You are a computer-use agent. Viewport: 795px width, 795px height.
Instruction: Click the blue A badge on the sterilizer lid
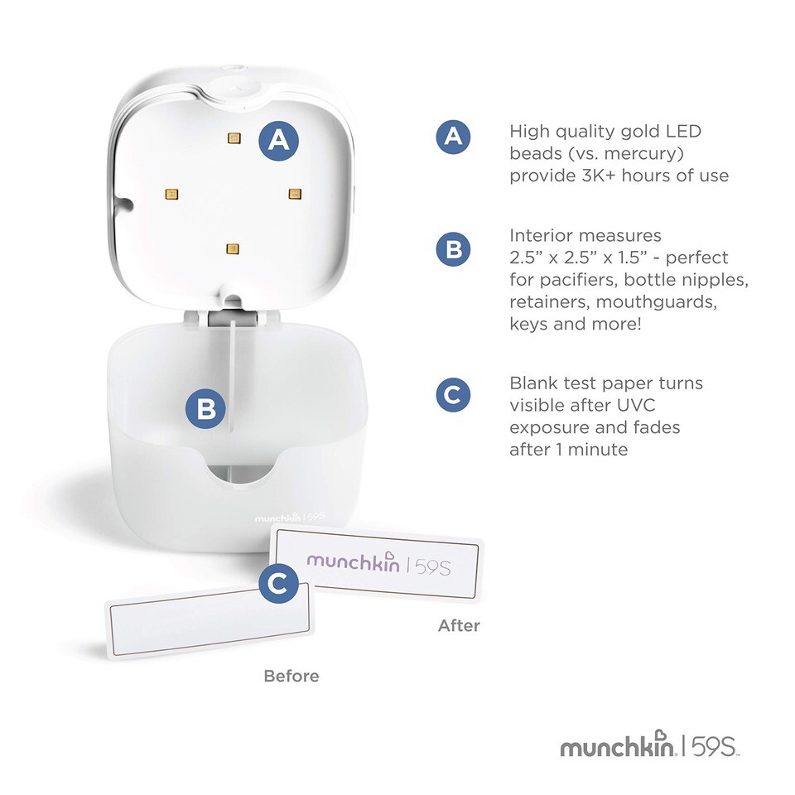click(x=278, y=141)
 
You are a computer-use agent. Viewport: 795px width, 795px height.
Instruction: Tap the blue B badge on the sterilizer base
click(x=205, y=408)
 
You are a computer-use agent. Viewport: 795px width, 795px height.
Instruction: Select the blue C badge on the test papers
click(x=278, y=583)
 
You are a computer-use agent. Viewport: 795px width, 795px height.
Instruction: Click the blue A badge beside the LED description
click(x=453, y=137)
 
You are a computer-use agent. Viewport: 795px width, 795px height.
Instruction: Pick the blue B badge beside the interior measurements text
click(x=453, y=249)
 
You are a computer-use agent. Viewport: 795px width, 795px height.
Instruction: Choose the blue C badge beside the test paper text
click(x=453, y=395)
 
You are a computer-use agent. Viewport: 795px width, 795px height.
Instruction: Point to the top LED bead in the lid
click(x=234, y=138)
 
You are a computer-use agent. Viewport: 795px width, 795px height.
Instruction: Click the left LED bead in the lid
click(x=171, y=194)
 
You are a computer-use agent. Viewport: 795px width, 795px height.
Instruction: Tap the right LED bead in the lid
click(x=295, y=193)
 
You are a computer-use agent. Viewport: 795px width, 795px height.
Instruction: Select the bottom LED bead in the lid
click(x=233, y=248)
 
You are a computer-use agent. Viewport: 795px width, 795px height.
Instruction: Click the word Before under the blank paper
click(x=291, y=676)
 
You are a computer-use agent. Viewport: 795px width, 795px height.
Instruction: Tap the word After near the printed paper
click(x=459, y=625)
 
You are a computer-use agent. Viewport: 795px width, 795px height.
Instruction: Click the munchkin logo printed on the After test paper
click(x=378, y=563)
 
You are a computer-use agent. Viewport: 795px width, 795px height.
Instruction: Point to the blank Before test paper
click(x=210, y=621)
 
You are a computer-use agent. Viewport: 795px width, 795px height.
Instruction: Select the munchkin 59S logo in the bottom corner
click(x=649, y=744)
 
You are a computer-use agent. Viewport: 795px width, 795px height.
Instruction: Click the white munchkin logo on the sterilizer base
click(x=290, y=517)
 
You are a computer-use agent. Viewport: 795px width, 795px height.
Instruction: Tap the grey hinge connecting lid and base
click(x=233, y=318)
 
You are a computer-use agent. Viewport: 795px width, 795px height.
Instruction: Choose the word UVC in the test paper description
click(x=636, y=405)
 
